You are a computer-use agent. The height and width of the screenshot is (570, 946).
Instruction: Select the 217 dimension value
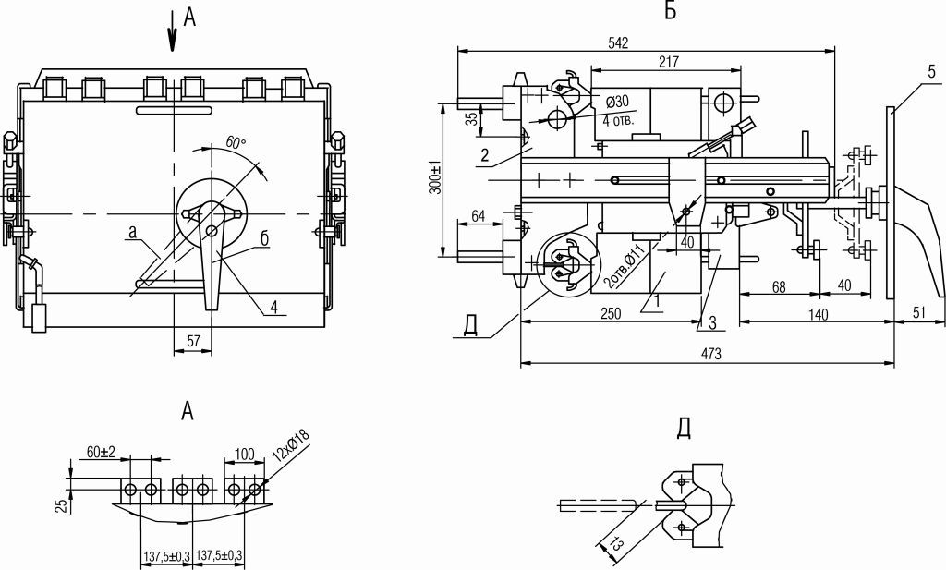pyautogui.click(x=669, y=63)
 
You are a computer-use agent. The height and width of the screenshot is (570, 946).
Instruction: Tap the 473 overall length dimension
pyautogui.click(x=709, y=353)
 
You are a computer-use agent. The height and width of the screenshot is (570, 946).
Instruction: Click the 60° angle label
pyautogui.click(x=236, y=142)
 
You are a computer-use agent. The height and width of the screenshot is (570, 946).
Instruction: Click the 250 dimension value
pyautogui.click(x=610, y=314)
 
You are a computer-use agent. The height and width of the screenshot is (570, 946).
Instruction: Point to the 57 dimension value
pyautogui.click(x=193, y=341)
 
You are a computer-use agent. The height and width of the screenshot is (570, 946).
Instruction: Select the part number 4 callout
pyautogui.click(x=273, y=309)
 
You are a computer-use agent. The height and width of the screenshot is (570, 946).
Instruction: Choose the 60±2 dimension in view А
pyautogui.click(x=102, y=452)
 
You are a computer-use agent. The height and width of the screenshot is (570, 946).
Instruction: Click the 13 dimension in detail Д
pyautogui.click(x=612, y=544)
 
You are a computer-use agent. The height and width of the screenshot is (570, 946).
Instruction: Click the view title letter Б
pyautogui.click(x=670, y=11)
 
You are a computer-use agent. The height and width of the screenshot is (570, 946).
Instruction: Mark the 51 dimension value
pyautogui.click(x=918, y=314)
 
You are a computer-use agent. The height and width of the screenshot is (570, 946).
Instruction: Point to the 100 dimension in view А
pyautogui.click(x=244, y=453)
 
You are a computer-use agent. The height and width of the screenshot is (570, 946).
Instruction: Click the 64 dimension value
pyautogui.click(x=479, y=216)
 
